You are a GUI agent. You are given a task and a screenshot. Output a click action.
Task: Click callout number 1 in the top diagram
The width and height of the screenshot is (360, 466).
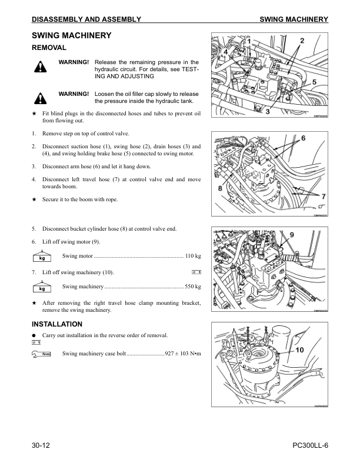[249, 41]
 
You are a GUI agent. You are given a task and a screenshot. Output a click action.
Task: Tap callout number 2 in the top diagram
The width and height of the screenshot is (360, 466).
[302, 41]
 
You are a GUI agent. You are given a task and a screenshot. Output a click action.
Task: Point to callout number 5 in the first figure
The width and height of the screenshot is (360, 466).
[314, 82]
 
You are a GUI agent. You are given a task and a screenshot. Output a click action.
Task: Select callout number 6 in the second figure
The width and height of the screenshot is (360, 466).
[304, 138]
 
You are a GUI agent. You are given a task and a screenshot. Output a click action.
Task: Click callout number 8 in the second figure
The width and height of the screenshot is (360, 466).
[220, 188]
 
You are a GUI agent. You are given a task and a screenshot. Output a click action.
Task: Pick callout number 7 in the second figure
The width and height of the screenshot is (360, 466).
[324, 197]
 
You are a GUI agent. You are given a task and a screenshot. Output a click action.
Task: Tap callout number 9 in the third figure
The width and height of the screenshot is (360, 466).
[292, 235]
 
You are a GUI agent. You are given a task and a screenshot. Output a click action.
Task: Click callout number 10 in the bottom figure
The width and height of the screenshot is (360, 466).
[299, 350]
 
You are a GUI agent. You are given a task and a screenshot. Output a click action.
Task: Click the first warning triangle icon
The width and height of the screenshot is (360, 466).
[41, 66]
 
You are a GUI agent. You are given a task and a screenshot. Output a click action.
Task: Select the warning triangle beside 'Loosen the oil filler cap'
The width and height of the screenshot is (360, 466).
[41, 98]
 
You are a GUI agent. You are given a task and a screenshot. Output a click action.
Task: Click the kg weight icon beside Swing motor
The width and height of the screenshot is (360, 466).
[42, 256]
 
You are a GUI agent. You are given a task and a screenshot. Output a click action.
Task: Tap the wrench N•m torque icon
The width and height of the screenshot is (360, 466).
[41, 354]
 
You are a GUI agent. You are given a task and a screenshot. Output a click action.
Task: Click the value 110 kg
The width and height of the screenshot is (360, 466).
[193, 256]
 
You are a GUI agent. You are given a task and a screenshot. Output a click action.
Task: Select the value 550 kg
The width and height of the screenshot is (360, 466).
[193, 287]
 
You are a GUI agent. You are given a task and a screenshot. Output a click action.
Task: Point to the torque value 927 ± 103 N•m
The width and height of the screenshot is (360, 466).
[183, 354]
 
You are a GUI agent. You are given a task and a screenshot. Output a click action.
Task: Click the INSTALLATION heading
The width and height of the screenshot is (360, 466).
[57, 324]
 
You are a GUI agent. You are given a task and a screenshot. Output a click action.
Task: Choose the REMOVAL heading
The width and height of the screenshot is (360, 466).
[49, 48]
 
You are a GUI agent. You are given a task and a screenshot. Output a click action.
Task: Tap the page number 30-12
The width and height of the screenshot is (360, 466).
[41, 445]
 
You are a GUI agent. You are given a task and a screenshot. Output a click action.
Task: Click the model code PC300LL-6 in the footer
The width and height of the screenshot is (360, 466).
[311, 445]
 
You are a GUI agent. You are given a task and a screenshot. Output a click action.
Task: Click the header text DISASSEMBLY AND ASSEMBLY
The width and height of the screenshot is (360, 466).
[86, 19]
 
